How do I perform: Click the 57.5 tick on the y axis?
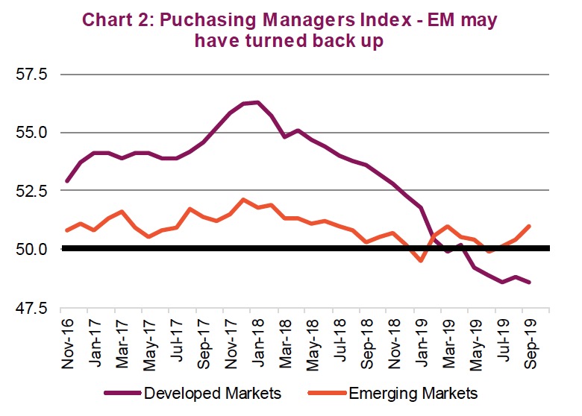coord(31,75)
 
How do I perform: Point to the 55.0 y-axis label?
coord(31,133)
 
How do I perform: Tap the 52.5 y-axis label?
coord(31,191)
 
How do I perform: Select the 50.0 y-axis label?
coord(31,248)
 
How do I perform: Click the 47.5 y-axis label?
coord(31,307)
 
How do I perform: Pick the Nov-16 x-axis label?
coord(67,340)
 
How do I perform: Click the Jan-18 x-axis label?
coord(257,340)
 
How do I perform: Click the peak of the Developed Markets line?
coord(257,102)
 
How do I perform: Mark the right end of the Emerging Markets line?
coord(529,226)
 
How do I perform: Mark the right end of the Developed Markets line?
coord(529,282)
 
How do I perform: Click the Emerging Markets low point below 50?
coord(421,261)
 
